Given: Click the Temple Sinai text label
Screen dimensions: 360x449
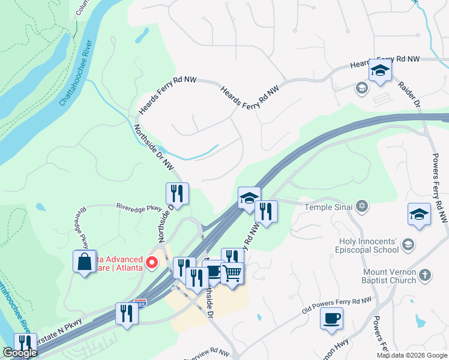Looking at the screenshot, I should pos(330,207).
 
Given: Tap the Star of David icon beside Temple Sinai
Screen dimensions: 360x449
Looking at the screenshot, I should pos(361,207).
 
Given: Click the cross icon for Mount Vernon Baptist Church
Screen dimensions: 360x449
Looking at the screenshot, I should pos(424,275).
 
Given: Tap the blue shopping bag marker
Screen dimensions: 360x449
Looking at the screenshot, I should pos(85,262).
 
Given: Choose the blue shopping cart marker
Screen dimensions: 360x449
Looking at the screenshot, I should pos(232,274).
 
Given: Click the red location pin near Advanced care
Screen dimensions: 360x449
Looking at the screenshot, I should pos(152,262).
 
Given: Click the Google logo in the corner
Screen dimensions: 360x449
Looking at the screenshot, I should pos(20,353).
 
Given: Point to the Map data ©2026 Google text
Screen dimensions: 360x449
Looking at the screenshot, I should pos(412,355).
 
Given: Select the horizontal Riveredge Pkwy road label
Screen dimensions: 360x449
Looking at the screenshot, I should pos(140,208).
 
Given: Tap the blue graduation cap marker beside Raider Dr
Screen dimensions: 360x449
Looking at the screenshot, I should pos(379,71).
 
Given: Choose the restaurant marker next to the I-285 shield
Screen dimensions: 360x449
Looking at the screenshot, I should pos(126,314).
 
